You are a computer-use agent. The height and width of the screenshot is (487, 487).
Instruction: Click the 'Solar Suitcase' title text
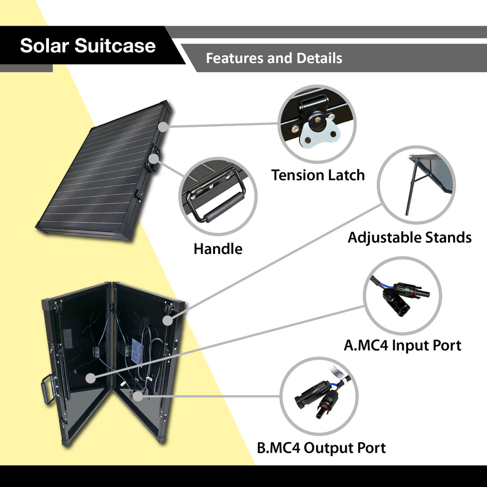click(88, 46)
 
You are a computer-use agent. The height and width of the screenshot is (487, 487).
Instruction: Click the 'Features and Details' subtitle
click(274, 58)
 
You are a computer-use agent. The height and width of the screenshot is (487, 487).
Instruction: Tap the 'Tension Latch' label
click(318, 175)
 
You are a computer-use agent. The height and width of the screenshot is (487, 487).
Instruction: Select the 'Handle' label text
click(218, 249)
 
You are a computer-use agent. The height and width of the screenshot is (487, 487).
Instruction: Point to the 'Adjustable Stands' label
click(409, 237)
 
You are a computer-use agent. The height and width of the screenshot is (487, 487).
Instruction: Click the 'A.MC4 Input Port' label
click(402, 345)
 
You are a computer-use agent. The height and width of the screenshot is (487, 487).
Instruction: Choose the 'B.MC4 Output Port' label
click(321, 448)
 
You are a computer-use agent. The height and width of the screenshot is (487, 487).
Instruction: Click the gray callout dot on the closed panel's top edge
click(163, 127)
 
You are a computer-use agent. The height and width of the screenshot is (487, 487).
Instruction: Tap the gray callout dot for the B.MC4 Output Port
click(138, 396)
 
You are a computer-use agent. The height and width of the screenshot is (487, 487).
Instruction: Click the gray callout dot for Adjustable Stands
click(167, 321)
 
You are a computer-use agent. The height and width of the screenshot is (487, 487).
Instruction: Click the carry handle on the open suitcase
click(49, 389)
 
